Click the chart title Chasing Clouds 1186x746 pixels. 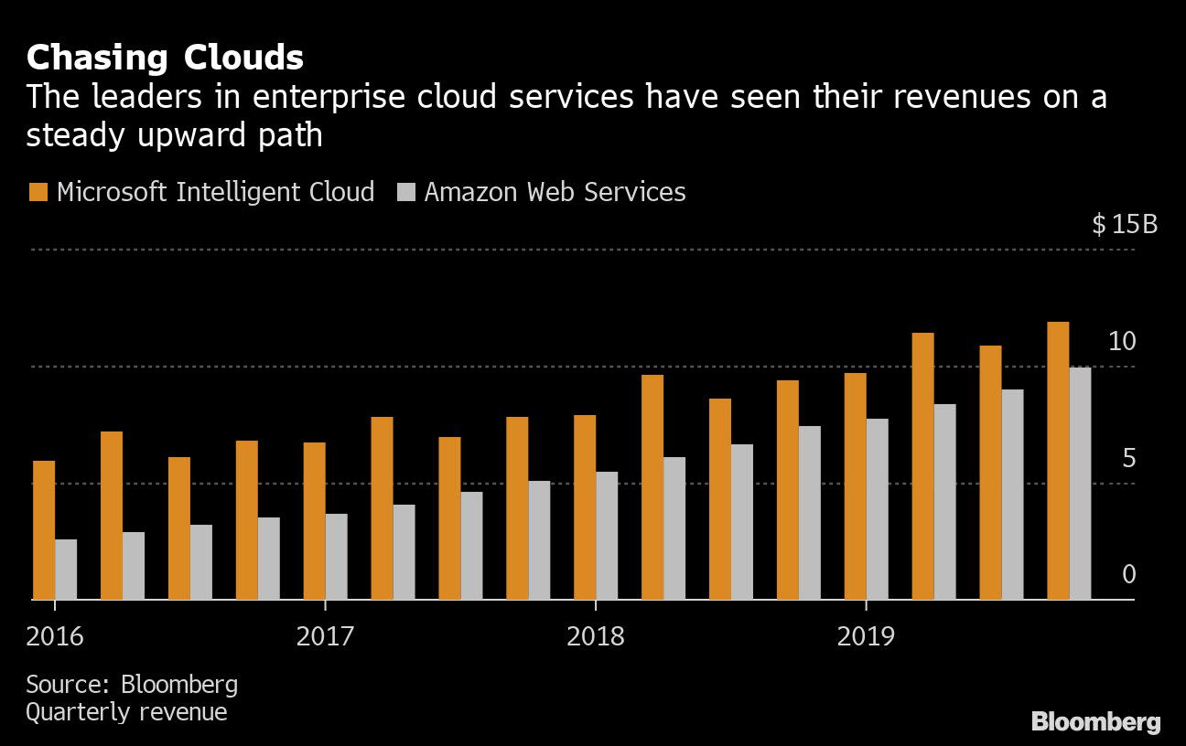point(165,58)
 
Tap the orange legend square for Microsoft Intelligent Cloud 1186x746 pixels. point(38,192)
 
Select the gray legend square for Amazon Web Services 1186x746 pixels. point(406,192)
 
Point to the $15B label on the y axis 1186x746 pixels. point(1124,224)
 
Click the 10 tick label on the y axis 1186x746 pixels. point(1122,342)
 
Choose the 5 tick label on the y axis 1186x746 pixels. point(1128,458)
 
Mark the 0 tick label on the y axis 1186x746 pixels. point(1128,574)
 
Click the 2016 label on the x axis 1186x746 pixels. point(55,636)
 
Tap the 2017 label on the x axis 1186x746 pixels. point(325,636)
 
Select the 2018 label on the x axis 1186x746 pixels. point(596,636)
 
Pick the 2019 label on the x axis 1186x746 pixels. point(866,636)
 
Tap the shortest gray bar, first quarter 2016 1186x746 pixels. point(66,569)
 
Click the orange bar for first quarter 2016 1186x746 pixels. point(44,530)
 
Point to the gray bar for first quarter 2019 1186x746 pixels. point(877,508)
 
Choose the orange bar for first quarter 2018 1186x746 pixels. point(585,507)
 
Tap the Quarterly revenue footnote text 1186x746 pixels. point(126,712)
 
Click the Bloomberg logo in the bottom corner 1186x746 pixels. point(1095,722)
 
